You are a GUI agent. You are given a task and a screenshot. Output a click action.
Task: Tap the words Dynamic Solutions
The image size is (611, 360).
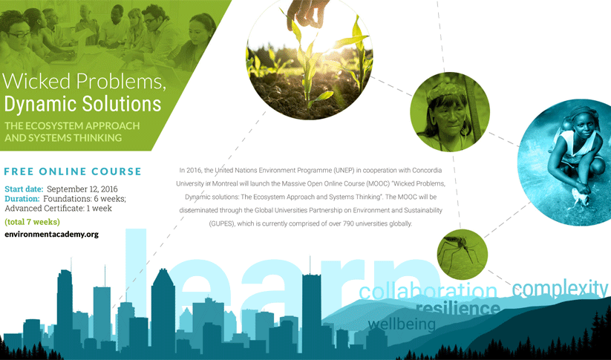pyautogui.click(x=82, y=104)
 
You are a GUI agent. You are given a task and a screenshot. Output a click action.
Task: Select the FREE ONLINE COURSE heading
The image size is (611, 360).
pyautogui.click(x=73, y=171)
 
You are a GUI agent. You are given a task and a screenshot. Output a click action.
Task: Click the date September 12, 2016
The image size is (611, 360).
pyautogui.click(x=82, y=189)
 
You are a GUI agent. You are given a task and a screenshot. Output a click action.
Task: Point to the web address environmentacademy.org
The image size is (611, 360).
pyautogui.click(x=51, y=235)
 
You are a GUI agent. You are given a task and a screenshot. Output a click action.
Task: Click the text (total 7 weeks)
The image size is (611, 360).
pyautogui.click(x=33, y=222)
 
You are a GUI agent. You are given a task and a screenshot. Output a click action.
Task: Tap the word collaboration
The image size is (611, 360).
pyautogui.click(x=428, y=292)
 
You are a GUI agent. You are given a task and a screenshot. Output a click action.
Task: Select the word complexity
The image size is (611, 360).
pyautogui.click(x=560, y=289)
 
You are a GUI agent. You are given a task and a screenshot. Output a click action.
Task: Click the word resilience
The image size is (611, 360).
pyautogui.click(x=458, y=308)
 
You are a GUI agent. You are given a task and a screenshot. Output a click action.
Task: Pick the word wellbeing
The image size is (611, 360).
pyautogui.click(x=402, y=324)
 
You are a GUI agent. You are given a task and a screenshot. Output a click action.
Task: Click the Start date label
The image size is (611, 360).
pyautogui.click(x=24, y=189)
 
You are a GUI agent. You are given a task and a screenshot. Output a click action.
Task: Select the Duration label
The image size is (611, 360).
pyautogui.click(x=22, y=199)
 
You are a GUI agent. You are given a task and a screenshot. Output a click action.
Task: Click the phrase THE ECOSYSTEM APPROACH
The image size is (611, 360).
pyautogui.click(x=72, y=126)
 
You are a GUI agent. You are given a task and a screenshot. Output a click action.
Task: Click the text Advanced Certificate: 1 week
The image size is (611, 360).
pyautogui.click(x=59, y=209)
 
